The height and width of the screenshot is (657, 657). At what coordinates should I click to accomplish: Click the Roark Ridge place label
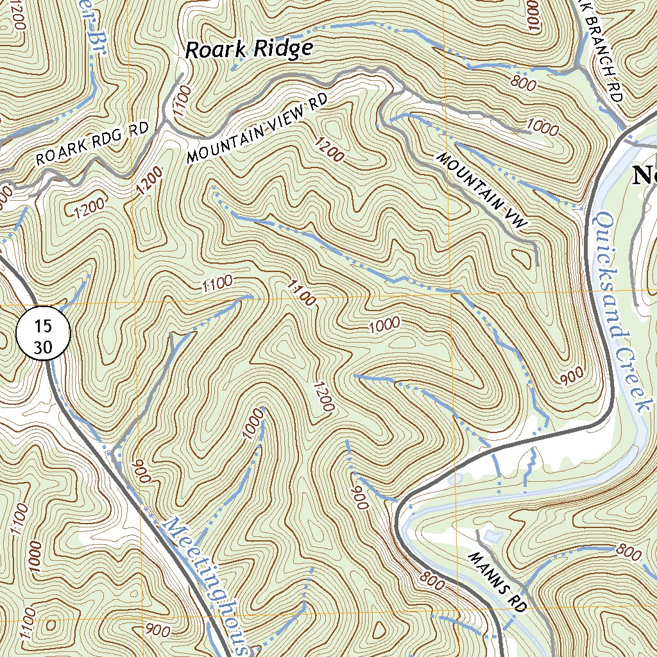coord(248,49)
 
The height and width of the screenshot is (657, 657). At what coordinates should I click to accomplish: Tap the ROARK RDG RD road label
coord(91,144)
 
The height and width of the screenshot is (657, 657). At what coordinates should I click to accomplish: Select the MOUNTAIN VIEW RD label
coord(257,128)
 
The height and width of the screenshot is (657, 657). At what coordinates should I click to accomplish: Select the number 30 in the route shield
coord(42,347)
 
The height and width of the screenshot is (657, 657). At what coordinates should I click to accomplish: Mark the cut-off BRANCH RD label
coord(604,51)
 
